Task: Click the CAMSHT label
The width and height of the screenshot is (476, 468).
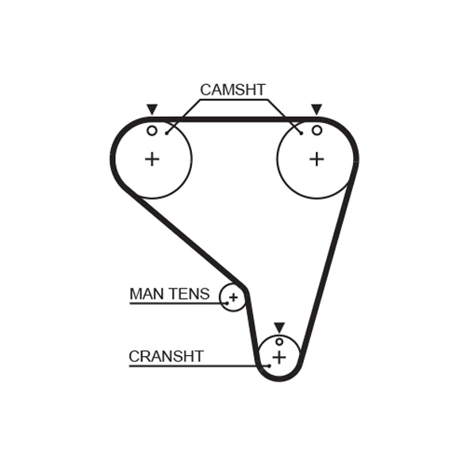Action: (x=232, y=90)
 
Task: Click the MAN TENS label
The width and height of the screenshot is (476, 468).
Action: (x=169, y=294)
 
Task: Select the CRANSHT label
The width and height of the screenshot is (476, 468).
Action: (x=166, y=356)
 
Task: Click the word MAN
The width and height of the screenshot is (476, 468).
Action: (x=145, y=294)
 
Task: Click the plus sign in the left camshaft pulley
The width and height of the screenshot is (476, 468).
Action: (x=152, y=159)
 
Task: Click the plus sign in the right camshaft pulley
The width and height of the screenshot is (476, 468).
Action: (x=317, y=159)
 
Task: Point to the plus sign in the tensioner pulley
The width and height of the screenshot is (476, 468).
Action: (x=233, y=298)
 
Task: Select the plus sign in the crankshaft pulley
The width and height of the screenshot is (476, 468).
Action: (x=278, y=358)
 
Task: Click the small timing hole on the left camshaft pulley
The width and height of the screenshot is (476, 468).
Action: (x=152, y=130)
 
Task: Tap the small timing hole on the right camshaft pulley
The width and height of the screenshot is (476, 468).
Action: (x=317, y=130)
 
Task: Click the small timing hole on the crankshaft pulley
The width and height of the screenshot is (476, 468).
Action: (x=279, y=342)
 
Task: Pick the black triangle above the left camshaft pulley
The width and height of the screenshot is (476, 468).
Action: (x=152, y=110)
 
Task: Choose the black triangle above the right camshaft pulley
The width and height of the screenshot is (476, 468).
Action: (x=317, y=110)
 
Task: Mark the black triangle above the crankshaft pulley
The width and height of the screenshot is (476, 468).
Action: (x=278, y=327)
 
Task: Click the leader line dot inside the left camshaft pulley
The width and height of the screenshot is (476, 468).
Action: (x=167, y=133)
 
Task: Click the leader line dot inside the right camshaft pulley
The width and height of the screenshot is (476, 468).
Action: (x=301, y=133)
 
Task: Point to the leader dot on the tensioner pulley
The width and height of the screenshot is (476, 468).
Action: (x=227, y=303)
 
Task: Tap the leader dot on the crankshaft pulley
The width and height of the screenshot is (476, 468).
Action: (x=269, y=366)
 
